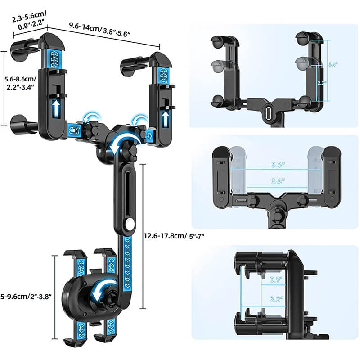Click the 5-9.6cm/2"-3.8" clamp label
coord(27,296)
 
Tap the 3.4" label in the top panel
coord(333,64)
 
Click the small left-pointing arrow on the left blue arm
coord(72,131)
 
